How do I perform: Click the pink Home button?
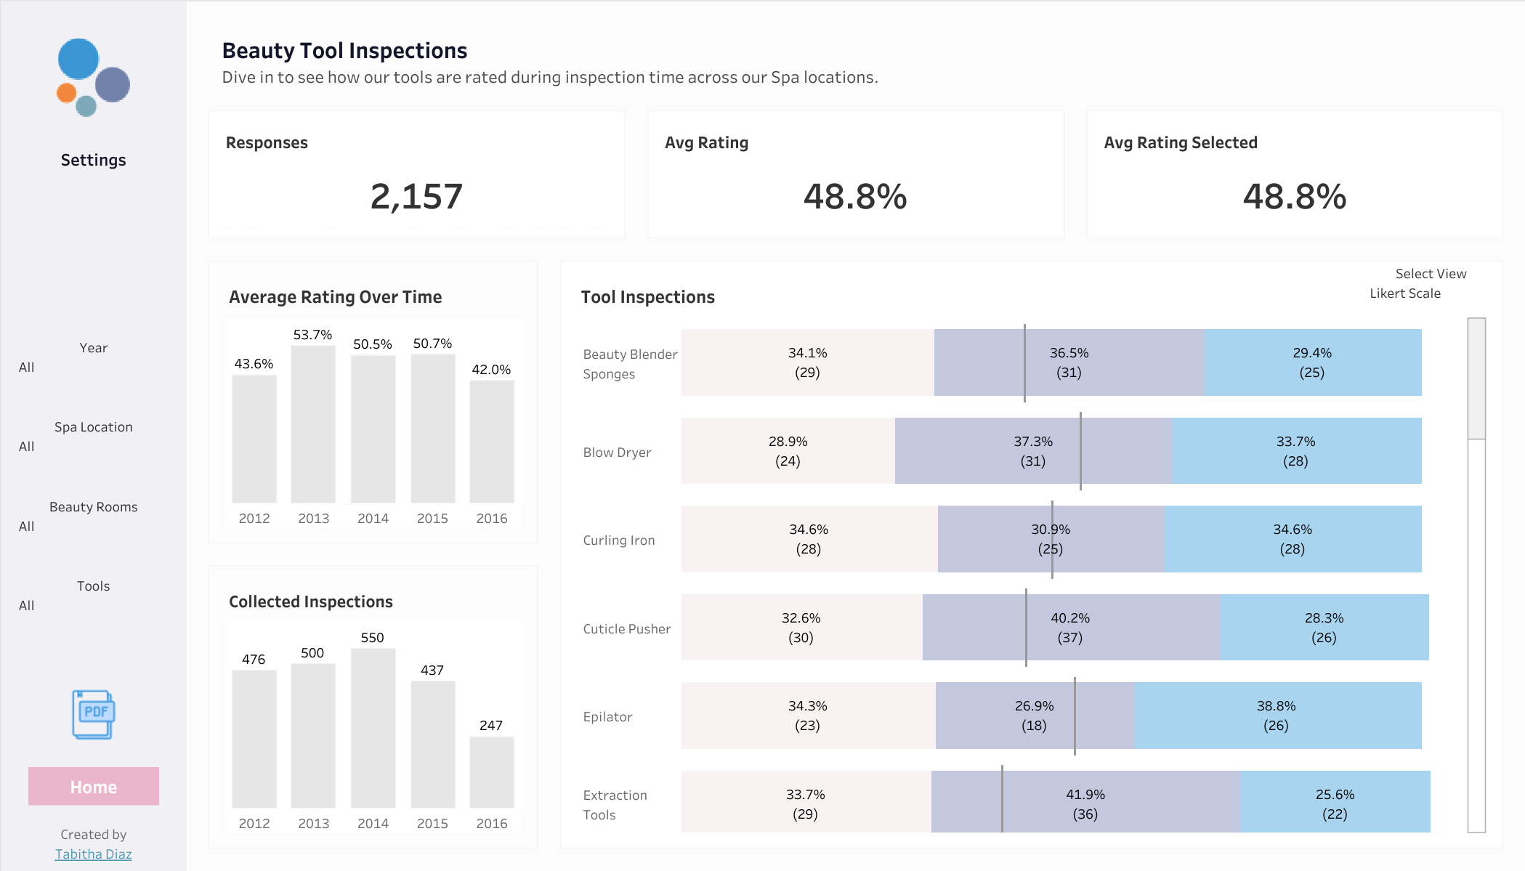[x=94, y=786]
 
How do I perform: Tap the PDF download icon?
[x=94, y=714]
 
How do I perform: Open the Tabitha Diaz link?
[x=94, y=854]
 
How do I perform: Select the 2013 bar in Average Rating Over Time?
[x=313, y=424]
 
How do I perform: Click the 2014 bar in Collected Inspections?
[x=373, y=728]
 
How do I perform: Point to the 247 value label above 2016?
[x=491, y=725]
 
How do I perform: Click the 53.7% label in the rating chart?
[x=312, y=335]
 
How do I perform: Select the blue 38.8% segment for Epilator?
[x=1277, y=716]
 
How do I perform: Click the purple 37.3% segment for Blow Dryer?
[x=1033, y=450]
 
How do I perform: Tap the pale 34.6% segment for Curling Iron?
[x=809, y=539]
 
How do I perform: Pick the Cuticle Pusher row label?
[x=627, y=629]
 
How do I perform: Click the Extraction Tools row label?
[x=615, y=805]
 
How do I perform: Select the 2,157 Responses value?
[x=416, y=196]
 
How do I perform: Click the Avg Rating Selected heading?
[x=1181, y=142]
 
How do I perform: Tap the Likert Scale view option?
[x=1405, y=293]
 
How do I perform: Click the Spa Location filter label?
[x=94, y=427]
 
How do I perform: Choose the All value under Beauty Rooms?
[x=27, y=526]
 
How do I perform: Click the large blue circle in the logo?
[x=78, y=59]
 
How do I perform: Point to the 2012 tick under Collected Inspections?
[x=254, y=823]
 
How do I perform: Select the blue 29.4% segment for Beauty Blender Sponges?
[x=1313, y=362]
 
